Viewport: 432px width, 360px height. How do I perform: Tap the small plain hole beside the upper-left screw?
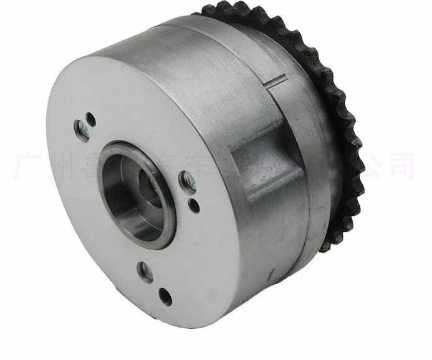(91, 117)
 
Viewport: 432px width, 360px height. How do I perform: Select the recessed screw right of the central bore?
(186, 182)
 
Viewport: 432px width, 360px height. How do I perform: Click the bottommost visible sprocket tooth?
(324, 245)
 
